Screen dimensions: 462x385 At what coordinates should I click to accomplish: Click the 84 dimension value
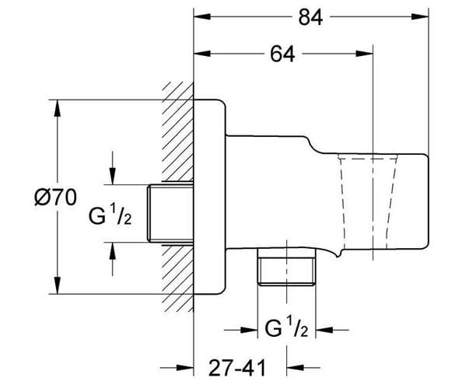[310, 17]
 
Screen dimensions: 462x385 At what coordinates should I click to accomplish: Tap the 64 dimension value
[282, 54]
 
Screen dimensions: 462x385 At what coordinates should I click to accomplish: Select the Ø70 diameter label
[55, 198]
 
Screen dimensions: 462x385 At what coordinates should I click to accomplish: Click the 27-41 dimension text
[237, 367]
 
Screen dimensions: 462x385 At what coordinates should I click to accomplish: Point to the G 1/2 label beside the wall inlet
[110, 216]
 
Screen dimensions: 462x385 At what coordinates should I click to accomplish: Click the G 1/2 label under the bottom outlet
[286, 328]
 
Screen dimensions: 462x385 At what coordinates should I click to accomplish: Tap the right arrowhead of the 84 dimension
[420, 16]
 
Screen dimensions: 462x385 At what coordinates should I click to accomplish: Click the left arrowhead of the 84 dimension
[202, 16]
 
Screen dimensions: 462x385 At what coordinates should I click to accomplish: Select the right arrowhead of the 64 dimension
[365, 54]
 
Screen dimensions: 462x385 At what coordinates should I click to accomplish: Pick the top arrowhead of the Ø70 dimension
[58, 109]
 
